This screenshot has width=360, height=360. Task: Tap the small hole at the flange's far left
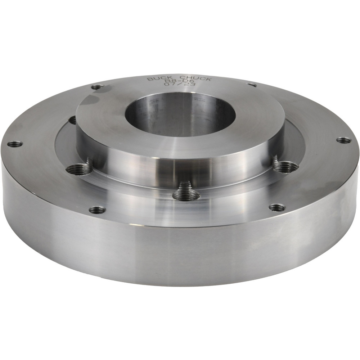(x=15, y=144)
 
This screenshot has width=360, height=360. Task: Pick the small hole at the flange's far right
(x=343, y=140)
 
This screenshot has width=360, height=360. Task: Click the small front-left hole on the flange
(x=97, y=210)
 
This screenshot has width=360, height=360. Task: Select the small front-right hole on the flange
(x=277, y=208)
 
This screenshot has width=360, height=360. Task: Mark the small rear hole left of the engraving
(x=97, y=87)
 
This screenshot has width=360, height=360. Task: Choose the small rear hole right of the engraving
(x=252, y=85)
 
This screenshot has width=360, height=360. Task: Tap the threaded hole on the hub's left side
(x=78, y=168)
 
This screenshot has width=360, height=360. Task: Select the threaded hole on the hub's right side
(x=285, y=167)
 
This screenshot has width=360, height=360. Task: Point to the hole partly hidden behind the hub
(x=72, y=120)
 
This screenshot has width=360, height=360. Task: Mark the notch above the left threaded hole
(x=88, y=161)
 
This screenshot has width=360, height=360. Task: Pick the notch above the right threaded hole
(x=275, y=159)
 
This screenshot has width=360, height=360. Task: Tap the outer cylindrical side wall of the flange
(x=180, y=252)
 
